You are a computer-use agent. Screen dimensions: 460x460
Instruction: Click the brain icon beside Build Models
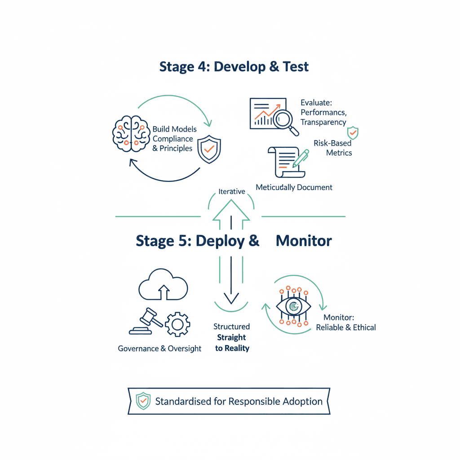(131, 134)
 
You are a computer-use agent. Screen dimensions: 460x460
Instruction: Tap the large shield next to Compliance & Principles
(209, 149)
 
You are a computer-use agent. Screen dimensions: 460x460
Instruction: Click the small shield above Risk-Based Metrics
(353, 133)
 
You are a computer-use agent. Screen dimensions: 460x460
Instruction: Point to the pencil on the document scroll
(301, 159)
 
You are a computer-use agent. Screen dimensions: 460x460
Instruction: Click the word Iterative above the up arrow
(232, 191)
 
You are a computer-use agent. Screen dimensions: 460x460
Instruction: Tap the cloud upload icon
(163, 284)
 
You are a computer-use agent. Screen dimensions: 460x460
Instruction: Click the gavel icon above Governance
(146, 321)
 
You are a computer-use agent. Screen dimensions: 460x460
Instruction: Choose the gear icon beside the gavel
(177, 324)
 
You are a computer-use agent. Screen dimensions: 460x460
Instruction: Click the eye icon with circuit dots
(293, 306)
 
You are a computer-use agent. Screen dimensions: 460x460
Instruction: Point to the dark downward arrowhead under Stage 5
(231, 298)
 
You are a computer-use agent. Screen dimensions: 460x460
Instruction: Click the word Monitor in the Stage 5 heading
(304, 241)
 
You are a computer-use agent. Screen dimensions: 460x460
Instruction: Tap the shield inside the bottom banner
(143, 401)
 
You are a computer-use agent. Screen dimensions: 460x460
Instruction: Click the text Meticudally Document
(294, 187)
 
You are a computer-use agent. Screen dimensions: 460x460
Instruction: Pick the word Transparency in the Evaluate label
(323, 122)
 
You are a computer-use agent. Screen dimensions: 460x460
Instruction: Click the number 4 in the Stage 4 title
(202, 67)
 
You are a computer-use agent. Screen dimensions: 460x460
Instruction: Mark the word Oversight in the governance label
(185, 349)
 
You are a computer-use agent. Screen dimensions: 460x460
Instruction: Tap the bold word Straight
(231, 338)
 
